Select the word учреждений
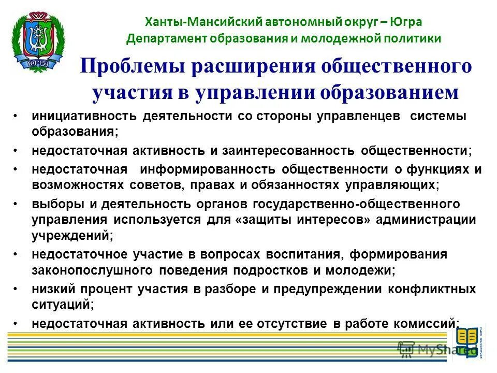[71, 235]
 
